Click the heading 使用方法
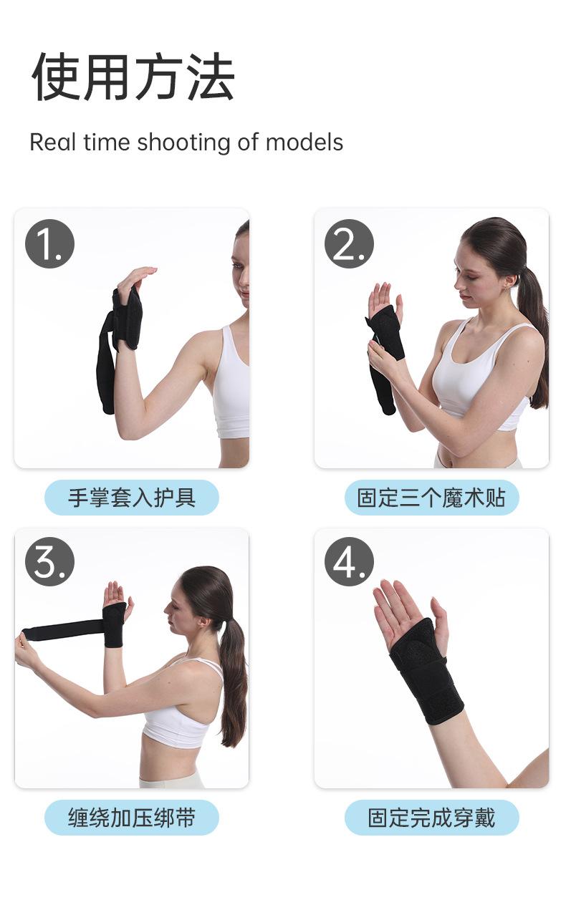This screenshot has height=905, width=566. [x=133, y=77]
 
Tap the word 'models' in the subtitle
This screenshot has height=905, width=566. [x=304, y=142]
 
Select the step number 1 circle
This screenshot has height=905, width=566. [x=49, y=244]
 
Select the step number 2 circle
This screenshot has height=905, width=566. [x=349, y=244]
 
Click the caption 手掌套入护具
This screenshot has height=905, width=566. [x=131, y=498]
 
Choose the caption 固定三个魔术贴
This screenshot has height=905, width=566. [x=431, y=498]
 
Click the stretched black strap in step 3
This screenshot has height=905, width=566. [x=64, y=629]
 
